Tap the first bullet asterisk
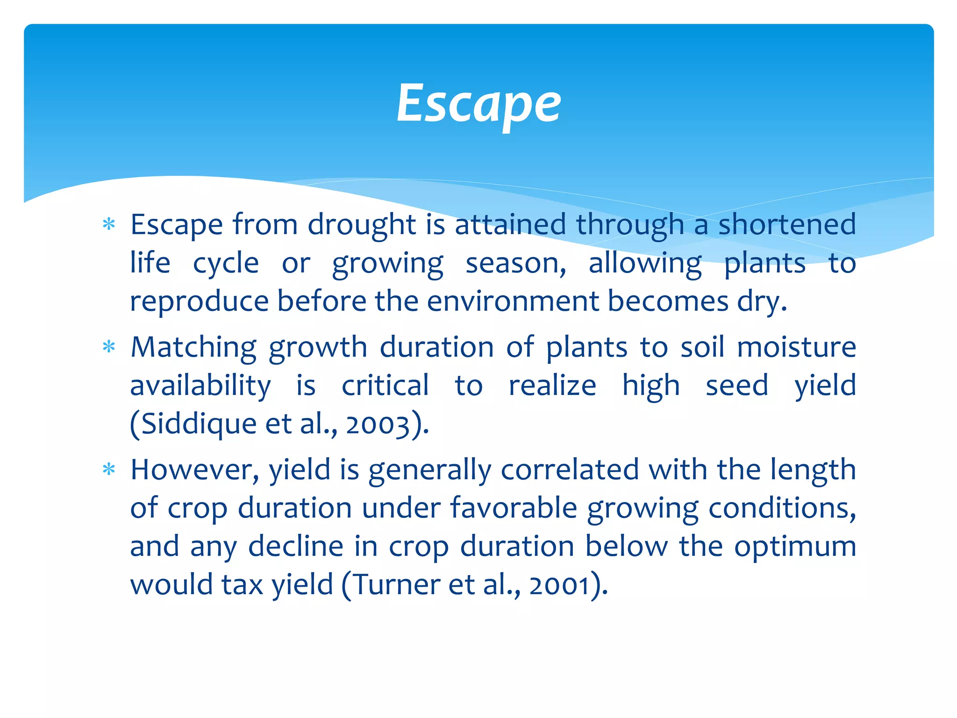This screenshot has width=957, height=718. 109,224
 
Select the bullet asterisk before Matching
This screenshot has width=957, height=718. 109,347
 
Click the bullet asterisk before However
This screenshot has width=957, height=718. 109,469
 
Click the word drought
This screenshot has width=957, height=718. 361,225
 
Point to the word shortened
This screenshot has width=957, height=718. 787,224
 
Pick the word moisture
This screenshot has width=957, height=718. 796,348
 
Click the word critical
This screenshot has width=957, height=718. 385,386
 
